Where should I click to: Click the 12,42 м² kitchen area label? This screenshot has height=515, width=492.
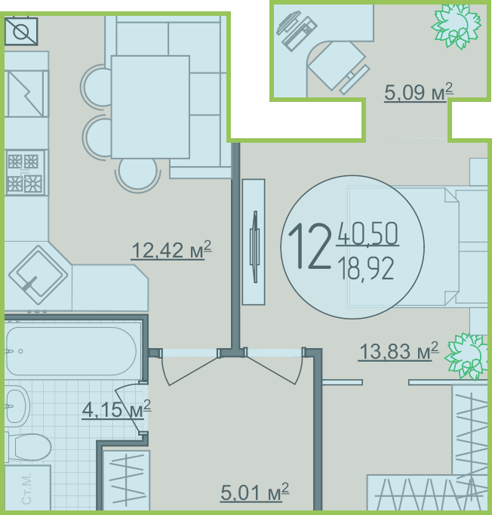coord(171,250)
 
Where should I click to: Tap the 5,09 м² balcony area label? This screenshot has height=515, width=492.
coord(419,92)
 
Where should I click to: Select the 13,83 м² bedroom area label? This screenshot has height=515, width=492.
coord(398,351)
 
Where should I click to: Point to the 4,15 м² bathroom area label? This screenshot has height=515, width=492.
coord(116,409)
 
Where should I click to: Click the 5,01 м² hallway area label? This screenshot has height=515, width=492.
coord(255,492)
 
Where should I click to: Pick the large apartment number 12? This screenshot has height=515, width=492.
coord(309,246)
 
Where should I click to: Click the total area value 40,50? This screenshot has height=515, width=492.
coord(367,233)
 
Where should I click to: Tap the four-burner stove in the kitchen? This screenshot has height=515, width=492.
coord(25,173)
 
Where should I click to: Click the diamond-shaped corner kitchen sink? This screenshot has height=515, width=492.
coord(38,275)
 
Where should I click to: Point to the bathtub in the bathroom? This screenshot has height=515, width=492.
coord(71,351)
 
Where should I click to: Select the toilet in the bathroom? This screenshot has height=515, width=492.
coord(28,447)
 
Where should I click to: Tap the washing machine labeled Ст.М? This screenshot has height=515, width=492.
coord(28,487)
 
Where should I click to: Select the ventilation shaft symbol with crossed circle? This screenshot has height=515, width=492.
coord(21,32)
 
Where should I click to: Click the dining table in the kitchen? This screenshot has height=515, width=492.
coord(150,107)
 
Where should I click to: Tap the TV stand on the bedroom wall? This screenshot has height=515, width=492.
coord(254,242)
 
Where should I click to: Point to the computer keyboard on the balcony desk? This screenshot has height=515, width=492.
coord(355,79)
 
